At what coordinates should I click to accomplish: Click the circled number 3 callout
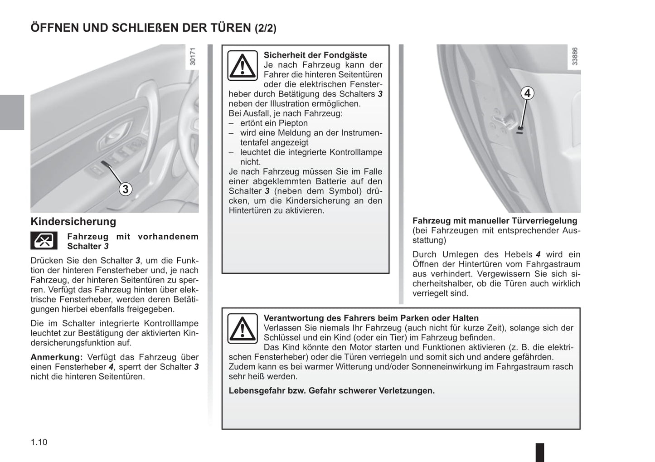point(126,189)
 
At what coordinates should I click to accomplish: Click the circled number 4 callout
point(527,93)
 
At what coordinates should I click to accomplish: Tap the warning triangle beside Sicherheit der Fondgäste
point(243,66)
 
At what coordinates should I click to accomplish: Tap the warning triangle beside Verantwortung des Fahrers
point(243,329)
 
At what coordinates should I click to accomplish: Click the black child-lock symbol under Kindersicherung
point(44,240)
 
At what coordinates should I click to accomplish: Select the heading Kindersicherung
point(73,222)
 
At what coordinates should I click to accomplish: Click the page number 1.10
point(39,442)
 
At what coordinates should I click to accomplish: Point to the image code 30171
point(193,58)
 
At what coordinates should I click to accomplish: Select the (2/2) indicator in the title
point(265,28)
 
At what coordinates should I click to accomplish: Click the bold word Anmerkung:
point(57,357)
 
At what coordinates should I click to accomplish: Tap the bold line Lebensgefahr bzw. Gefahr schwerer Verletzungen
point(331,390)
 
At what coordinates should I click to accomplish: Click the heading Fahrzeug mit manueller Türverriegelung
point(495,221)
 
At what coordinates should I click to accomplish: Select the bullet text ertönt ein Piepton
point(274,123)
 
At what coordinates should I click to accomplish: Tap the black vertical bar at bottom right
point(539,452)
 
